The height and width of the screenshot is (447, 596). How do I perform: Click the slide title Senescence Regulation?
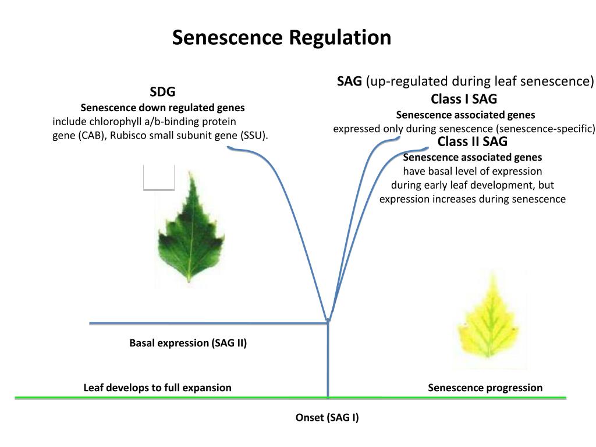click(x=282, y=38)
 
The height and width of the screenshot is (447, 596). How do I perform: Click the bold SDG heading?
click(x=162, y=92)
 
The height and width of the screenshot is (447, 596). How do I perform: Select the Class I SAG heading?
click(x=464, y=99)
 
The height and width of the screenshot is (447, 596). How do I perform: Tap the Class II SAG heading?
click(x=473, y=142)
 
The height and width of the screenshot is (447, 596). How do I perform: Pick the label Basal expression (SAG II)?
click(x=188, y=343)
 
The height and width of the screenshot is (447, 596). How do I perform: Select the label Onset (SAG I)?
click(x=327, y=417)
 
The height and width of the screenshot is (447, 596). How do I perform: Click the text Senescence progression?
click(x=485, y=388)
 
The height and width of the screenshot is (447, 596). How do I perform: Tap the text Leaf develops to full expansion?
click(x=157, y=388)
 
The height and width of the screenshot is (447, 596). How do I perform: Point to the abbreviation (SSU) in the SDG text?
click(x=254, y=136)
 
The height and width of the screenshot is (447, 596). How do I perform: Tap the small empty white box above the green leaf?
click(x=159, y=176)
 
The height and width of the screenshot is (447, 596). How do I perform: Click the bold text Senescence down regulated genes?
click(x=162, y=108)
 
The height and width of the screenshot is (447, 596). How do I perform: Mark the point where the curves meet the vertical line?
click(x=328, y=320)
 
